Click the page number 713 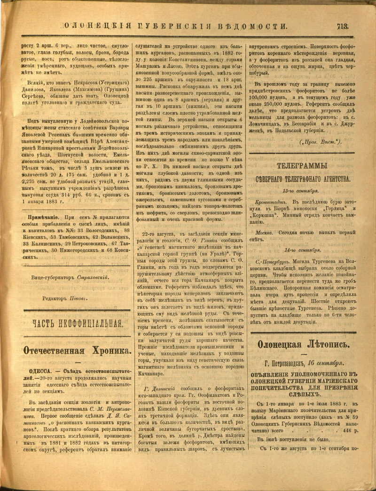[x=342, y=26]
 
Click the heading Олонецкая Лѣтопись [x=303, y=344]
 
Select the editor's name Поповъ [x=78, y=299]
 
